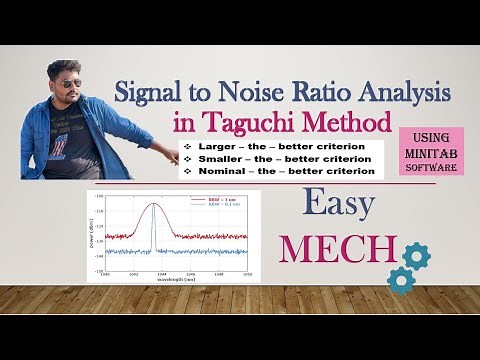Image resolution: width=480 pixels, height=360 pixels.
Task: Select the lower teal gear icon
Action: pyautogui.click(x=400, y=281)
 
